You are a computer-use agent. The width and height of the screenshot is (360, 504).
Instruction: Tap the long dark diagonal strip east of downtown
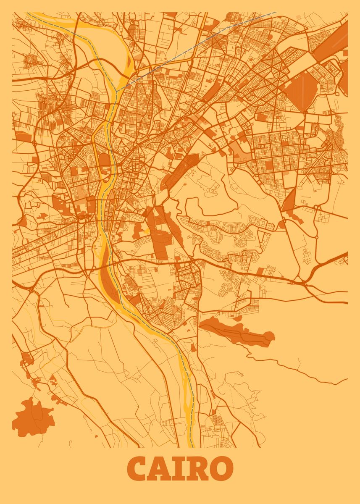coord(181,170)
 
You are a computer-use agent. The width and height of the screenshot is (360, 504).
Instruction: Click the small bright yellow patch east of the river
coord(147,231)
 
